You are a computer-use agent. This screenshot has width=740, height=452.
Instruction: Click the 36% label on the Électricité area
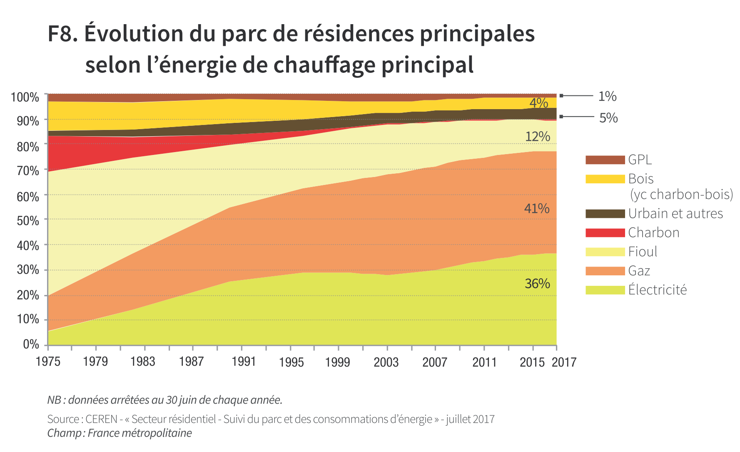coord(537,284)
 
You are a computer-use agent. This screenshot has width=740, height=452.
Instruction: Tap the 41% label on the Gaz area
coord(537,208)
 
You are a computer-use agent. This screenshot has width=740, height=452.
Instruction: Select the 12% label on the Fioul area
coord(538,137)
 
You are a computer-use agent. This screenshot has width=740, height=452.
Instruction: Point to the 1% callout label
coord(607,96)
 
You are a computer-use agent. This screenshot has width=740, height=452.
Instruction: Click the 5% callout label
coord(608,118)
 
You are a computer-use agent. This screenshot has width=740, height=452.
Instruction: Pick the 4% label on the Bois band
coord(538,102)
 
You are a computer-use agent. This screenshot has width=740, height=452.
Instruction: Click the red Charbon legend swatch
coord(605,233)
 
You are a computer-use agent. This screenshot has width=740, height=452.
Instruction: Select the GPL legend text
coord(640,160)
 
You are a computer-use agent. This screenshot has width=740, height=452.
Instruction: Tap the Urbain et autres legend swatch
coord(605,214)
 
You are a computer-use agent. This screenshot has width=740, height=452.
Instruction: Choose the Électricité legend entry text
coord(657,290)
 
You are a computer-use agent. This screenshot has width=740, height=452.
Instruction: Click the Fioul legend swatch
coord(605,252)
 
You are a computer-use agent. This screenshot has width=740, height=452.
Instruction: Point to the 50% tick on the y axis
coord(28,220)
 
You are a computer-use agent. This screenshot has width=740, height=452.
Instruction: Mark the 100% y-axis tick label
coord(25,97)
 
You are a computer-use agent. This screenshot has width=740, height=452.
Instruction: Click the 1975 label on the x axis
coord(48,362)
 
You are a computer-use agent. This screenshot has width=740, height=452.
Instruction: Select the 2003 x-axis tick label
coord(386,362)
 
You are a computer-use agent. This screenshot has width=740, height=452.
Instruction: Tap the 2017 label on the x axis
coord(564,362)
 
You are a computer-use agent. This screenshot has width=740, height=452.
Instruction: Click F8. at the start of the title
coord(63,34)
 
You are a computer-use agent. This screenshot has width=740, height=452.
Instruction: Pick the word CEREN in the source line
coord(101,419)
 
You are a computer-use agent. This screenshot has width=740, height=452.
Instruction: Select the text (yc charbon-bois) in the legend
coord(681,195)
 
